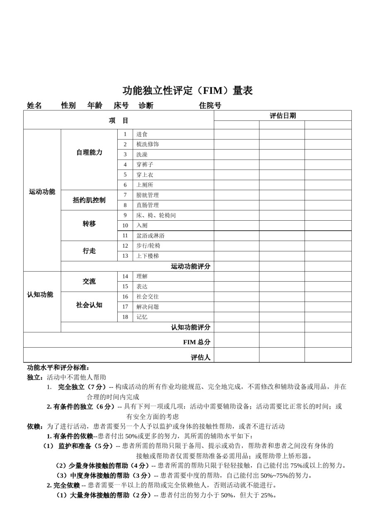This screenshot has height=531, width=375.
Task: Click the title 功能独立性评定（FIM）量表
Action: click(187, 90)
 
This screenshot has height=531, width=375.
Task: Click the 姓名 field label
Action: click(34, 106)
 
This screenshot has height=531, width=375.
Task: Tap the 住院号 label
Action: click(210, 106)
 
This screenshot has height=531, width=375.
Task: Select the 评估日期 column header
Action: click(283, 116)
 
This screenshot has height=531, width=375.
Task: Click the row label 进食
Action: click(142, 134)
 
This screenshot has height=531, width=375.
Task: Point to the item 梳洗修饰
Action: click(148, 144)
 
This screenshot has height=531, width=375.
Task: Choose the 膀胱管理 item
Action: click(148, 195)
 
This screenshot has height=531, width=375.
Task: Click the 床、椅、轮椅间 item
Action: click(156, 215)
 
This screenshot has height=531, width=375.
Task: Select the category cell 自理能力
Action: click(89, 152)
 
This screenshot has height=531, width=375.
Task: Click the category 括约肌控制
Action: click(89, 200)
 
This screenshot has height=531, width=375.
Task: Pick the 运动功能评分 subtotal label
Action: click(191, 266)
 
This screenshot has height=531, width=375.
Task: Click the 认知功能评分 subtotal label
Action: click(191, 327)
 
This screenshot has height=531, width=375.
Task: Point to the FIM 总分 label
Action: click(197, 342)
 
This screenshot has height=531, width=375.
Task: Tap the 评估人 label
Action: click(201, 357)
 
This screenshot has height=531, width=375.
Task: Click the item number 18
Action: click(125, 317)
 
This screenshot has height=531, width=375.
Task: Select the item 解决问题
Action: click(148, 307)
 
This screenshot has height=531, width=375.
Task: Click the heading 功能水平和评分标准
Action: click(58, 368)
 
